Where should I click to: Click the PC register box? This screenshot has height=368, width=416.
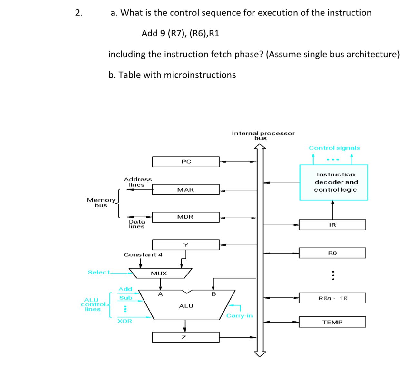(186, 162)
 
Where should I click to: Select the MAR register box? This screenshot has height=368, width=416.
(186, 190)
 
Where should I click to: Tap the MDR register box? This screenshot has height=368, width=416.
(186, 217)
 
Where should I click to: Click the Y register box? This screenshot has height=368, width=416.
(186, 245)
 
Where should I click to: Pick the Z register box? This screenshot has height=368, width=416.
(186, 337)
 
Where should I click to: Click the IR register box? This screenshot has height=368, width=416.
(332, 225)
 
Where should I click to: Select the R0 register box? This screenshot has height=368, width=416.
(332, 253)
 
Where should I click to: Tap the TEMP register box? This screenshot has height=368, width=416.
(332, 322)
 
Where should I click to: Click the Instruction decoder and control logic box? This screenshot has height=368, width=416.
(334, 182)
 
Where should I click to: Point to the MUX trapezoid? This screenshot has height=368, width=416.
(160, 273)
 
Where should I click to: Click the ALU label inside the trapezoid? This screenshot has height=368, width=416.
(186, 306)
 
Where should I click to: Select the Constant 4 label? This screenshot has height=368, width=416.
(143, 255)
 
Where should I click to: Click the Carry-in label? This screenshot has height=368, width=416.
(239, 316)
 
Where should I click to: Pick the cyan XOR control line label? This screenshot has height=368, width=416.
(125, 321)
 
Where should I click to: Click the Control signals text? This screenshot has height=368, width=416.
(334, 148)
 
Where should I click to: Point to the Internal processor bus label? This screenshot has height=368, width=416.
(263, 135)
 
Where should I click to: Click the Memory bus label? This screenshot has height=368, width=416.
(101, 203)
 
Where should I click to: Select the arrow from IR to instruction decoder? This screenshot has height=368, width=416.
(332, 210)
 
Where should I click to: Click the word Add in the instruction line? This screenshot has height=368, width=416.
(149, 33)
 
